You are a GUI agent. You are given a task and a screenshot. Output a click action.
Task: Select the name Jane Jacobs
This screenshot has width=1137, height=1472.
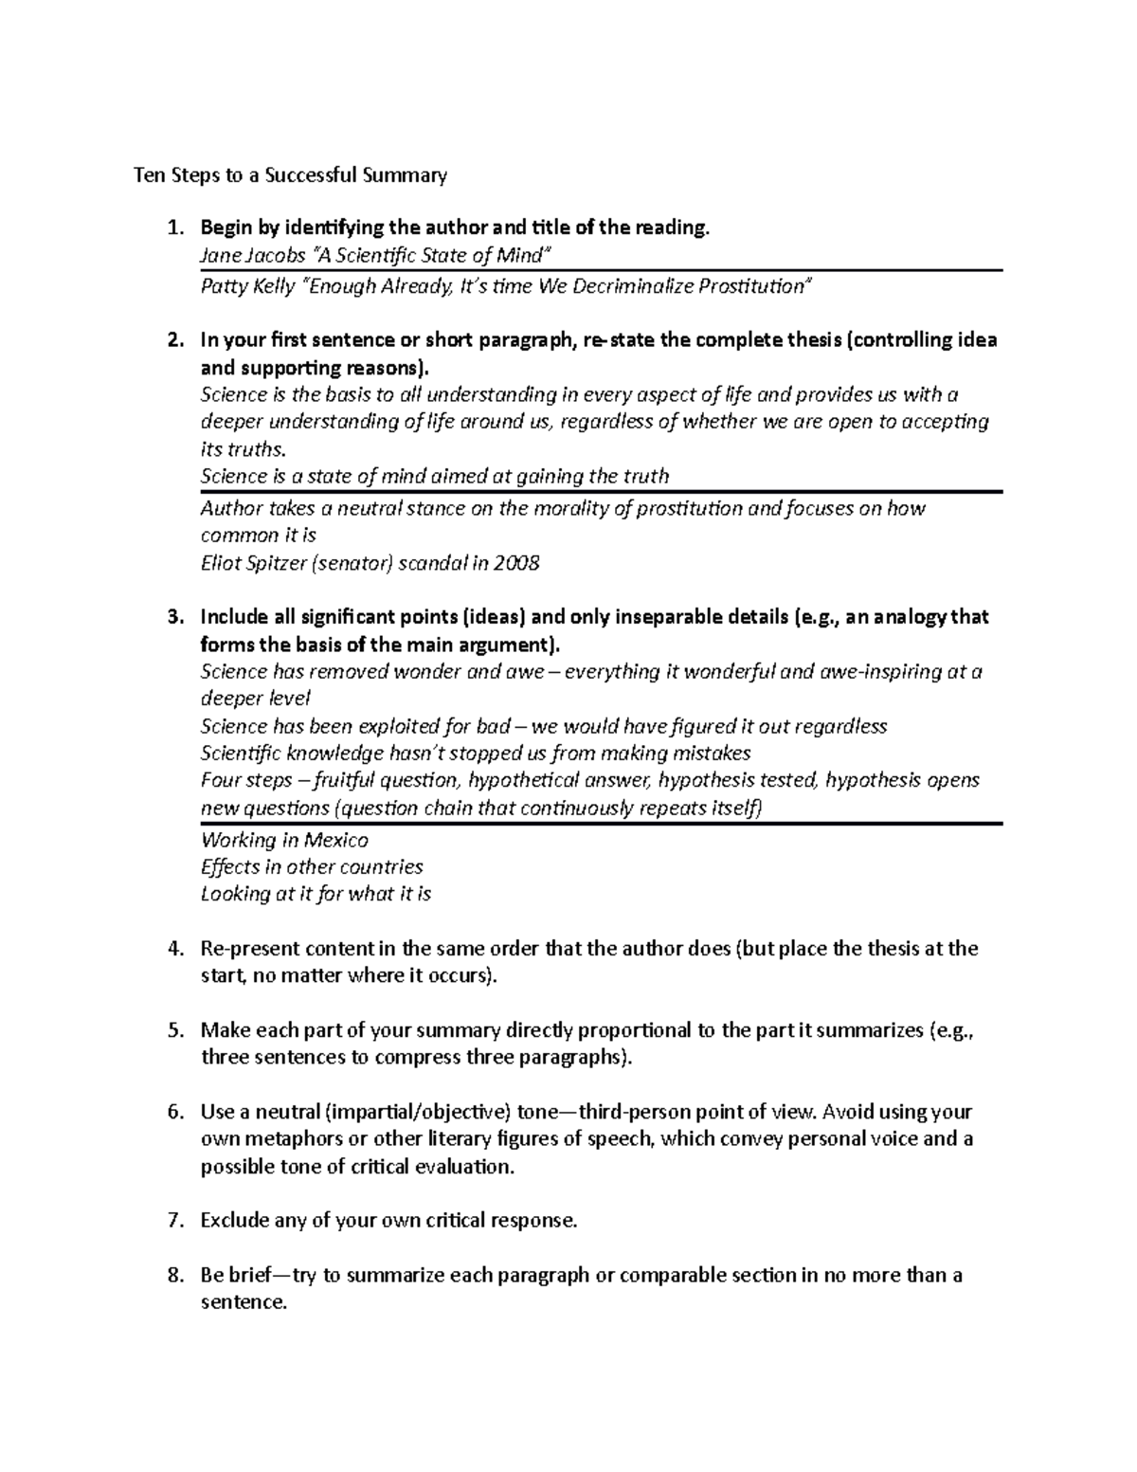coord(253,255)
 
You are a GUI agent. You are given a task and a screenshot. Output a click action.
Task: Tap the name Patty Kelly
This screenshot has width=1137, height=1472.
coord(247,286)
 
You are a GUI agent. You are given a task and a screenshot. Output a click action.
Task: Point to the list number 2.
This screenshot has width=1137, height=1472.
coord(172,340)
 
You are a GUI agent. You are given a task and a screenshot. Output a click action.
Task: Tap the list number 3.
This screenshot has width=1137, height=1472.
coord(172,617)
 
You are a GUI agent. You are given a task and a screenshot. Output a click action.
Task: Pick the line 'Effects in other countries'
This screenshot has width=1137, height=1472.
coord(312,866)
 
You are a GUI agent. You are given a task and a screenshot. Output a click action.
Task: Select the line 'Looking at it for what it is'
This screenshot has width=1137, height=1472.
coord(316,893)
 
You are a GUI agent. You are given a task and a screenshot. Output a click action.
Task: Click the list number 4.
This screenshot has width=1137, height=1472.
coord(172,949)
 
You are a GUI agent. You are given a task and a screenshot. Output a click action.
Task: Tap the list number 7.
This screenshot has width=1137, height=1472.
coord(172,1221)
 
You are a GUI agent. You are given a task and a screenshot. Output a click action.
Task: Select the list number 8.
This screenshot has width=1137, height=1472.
coord(172,1276)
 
